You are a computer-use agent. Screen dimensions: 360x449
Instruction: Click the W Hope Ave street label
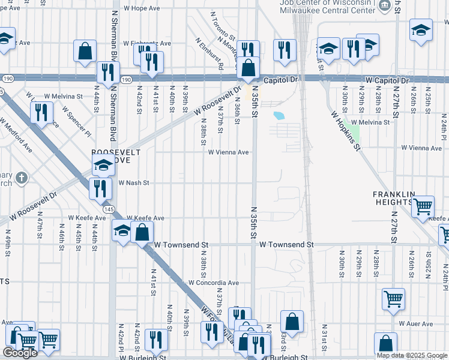[x=142, y=8]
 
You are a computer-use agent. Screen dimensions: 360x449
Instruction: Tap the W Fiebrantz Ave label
[x=147, y=43]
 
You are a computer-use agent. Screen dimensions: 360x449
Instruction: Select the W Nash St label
[x=133, y=183]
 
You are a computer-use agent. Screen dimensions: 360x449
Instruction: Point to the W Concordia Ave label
[x=214, y=283]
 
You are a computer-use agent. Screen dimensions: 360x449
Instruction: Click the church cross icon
[x=22, y=178]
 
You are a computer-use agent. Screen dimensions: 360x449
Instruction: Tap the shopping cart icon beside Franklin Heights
[x=423, y=206]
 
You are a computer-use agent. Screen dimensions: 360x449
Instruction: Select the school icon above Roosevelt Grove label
[x=103, y=164]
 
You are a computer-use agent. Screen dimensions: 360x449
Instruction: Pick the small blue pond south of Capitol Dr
[x=279, y=115]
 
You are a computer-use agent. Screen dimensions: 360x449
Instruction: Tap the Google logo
[x=20, y=353]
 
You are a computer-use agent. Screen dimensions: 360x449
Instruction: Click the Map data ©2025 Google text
[x=412, y=355]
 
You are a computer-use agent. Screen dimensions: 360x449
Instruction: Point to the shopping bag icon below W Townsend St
[x=292, y=322]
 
